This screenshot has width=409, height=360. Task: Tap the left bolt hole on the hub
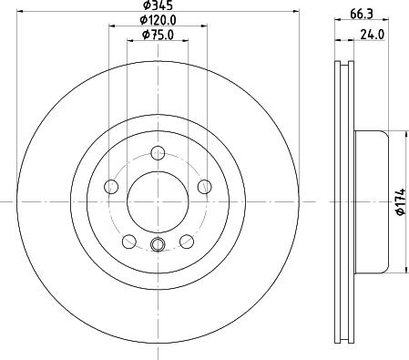(112, 187)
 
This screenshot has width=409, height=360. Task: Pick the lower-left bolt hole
(129, 241)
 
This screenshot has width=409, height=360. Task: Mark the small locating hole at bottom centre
(157, 243)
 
